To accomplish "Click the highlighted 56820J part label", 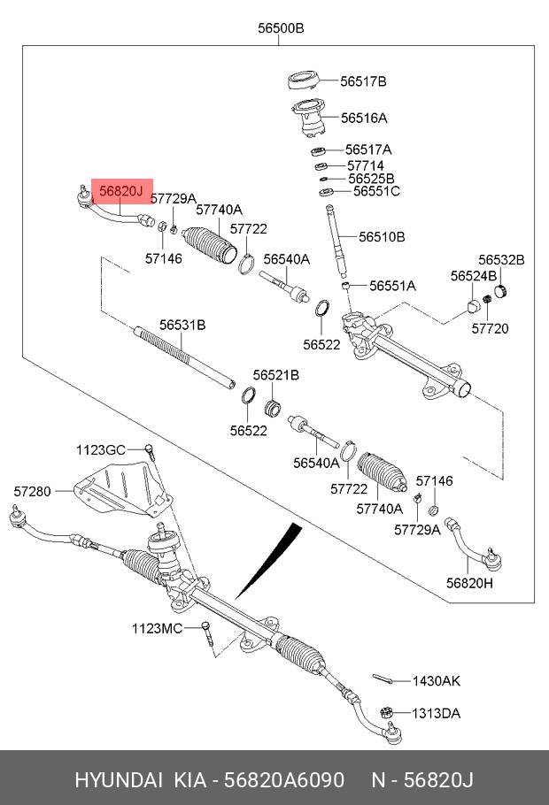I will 121,190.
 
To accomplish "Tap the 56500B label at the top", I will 281,28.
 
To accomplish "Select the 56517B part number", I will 363,81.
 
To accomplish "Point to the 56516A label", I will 364,117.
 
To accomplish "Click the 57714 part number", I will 365,165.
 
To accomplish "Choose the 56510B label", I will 382,237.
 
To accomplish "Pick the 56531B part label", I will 182,325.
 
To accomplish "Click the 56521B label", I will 276,375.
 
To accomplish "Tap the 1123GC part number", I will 100,449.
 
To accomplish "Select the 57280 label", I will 33,490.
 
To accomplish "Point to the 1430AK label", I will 437,681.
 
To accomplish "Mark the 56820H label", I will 469,583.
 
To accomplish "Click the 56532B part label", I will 501,259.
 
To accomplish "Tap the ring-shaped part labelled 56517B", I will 305,80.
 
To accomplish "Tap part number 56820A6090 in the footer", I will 283,779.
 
